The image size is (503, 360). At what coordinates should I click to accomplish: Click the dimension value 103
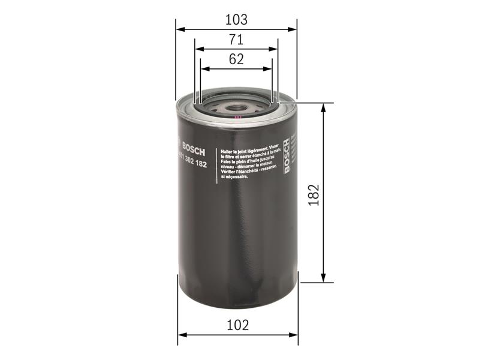[236, 19]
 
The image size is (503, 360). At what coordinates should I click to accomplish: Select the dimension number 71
[236, 40]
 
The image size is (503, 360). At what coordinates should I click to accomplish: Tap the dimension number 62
[236, 59]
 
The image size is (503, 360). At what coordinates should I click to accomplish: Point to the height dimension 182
[314, 193]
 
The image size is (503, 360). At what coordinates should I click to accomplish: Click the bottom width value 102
[237, 325]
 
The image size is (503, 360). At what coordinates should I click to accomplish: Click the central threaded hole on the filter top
[235, 110]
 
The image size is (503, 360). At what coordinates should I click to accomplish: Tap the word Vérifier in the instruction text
[230, 173]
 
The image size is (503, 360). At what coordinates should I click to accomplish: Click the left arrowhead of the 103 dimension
[179, 29]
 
